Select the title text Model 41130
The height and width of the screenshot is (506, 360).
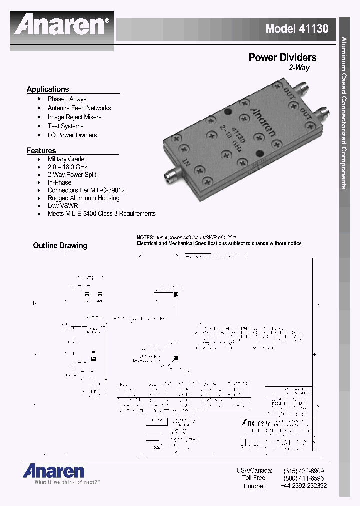point(297,29)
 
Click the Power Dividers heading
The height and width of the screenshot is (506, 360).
point(282,58)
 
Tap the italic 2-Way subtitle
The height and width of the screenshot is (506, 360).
point(299,68)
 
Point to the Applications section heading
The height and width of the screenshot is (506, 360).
point(48,89)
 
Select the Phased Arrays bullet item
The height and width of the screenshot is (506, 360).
point(67,99)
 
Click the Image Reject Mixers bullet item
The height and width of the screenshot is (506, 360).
point(74,117)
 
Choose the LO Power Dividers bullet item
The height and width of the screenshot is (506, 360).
point(72,135)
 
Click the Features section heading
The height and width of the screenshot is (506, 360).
point(41,150)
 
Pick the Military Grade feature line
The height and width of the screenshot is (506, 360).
point(66,159)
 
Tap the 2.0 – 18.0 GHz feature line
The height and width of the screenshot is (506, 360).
point(67,167)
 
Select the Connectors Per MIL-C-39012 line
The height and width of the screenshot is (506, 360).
point(86,190)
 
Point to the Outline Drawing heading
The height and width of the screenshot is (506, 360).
point(60,246)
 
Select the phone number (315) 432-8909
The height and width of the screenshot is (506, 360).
point(303,471)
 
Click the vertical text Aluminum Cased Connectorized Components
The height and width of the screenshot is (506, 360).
point(344,112)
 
